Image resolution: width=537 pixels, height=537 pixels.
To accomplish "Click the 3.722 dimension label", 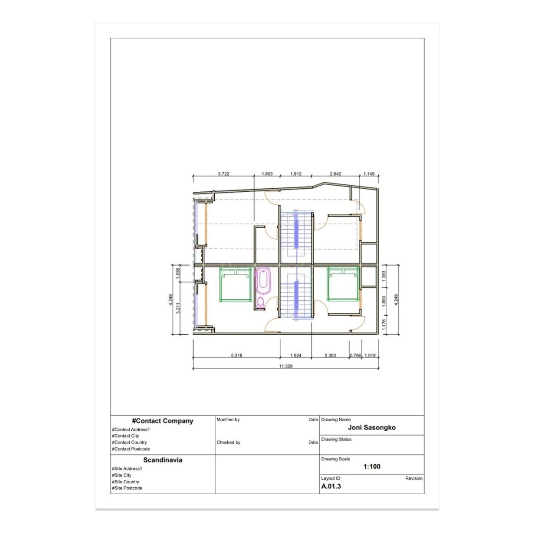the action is pyautogui.click(x=223, y=174).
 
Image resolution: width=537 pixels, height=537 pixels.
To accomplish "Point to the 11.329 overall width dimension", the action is pyautogui.click(x=285, y=366).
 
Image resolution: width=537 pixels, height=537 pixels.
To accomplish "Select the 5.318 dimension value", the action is pyautogui.click(x=236, y=356).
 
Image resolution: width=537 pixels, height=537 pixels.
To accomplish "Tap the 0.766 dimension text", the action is pyautogui.click(x=355, y=356).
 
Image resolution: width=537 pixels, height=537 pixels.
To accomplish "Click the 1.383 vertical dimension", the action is pyautogui.click(x=383, y=276).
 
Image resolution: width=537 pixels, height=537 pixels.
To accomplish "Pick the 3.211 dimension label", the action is pyautogui.click(x=178, y=308).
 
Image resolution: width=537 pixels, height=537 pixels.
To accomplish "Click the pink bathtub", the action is pyautogui.click(x=263, y=280).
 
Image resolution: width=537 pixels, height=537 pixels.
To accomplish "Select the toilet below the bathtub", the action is pyautogui.click(x=261, y=303).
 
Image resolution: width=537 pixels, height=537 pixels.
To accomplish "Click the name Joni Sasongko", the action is pyautogui.click(x=371, y=428).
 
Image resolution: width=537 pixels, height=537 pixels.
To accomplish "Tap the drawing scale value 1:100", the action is pyautogui.click(x=371, y=466).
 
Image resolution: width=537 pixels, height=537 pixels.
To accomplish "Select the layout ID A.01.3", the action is pyautogui.click(x=331, y=486).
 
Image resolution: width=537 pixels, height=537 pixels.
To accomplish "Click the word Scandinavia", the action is pyautogui.click(x=163, y=460).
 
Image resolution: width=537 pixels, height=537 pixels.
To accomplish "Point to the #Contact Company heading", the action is pyautogui.click(x=163, y=421).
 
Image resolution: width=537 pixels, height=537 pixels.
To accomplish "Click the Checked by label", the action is pyautogui.click(x=228, y=443).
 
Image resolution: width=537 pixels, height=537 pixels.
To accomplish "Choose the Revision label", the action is pyautogui.click(x=414, y=478).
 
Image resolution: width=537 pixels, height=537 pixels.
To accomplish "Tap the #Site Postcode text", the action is pyautogui.click(x=127, y=488).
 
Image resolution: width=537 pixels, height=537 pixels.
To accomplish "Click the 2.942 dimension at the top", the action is pyautogui.click(x=335, y=174).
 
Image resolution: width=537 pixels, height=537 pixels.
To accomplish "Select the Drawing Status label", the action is pyautogui.click(x=336, y=440).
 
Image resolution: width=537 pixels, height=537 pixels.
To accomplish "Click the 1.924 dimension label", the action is pyautogui.click(x=295, y=356).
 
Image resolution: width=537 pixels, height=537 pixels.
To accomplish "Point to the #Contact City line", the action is pyautogui.click(x=125, y=436).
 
